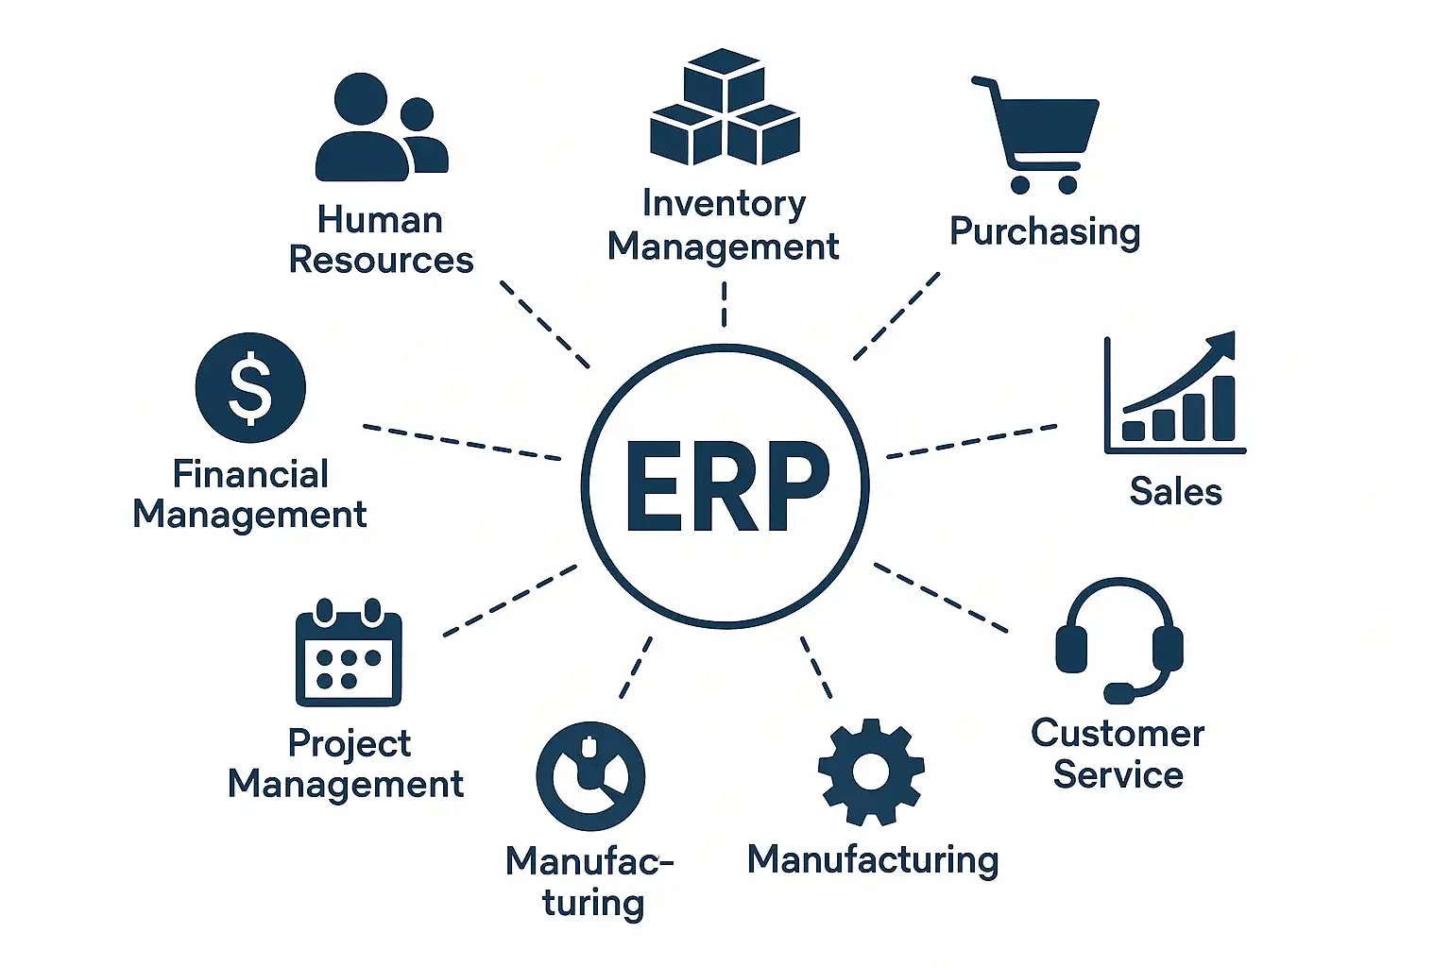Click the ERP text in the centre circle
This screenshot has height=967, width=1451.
(x=725, y=486)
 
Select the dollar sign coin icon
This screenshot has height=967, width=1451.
(x=250, y=387)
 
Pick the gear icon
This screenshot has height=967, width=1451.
(x=870, y=772)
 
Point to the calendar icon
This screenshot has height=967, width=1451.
(x=349, y=653)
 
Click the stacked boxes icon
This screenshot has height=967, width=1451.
(x=725, y=108)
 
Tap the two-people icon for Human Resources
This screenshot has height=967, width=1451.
(x=380, y=128)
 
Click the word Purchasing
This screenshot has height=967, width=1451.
(x=1045, y=232)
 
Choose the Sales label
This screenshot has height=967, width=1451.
(x=1175, y=492)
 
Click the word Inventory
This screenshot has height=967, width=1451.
(x=724, y=204)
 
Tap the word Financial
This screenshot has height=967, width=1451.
(x=250, y=474)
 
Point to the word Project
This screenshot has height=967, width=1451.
(x=349, y=744)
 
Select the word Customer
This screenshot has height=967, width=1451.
(x=1118, y=734)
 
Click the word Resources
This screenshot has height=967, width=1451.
(x=381, y=261)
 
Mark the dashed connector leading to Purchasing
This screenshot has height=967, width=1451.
(x=896, y=316)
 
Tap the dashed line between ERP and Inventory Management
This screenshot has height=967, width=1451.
(x=725, y=304)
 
